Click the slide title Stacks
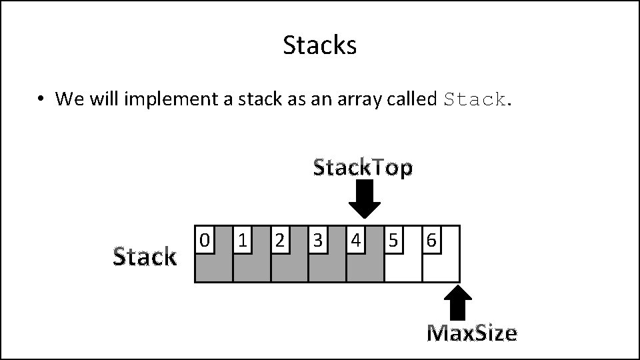[x=320, y=45]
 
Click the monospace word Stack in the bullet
[x=475, y=100]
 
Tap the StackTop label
[x=363, y=167]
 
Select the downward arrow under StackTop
[x=365, y=199]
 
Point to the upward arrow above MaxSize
[x=457, y=303]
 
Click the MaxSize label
[x=472, y=332]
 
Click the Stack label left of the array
[x=145, y=256]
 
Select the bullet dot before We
[x=41, y=99]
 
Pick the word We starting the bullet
[x=67, y=99]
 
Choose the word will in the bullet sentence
[x=102, y=99]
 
